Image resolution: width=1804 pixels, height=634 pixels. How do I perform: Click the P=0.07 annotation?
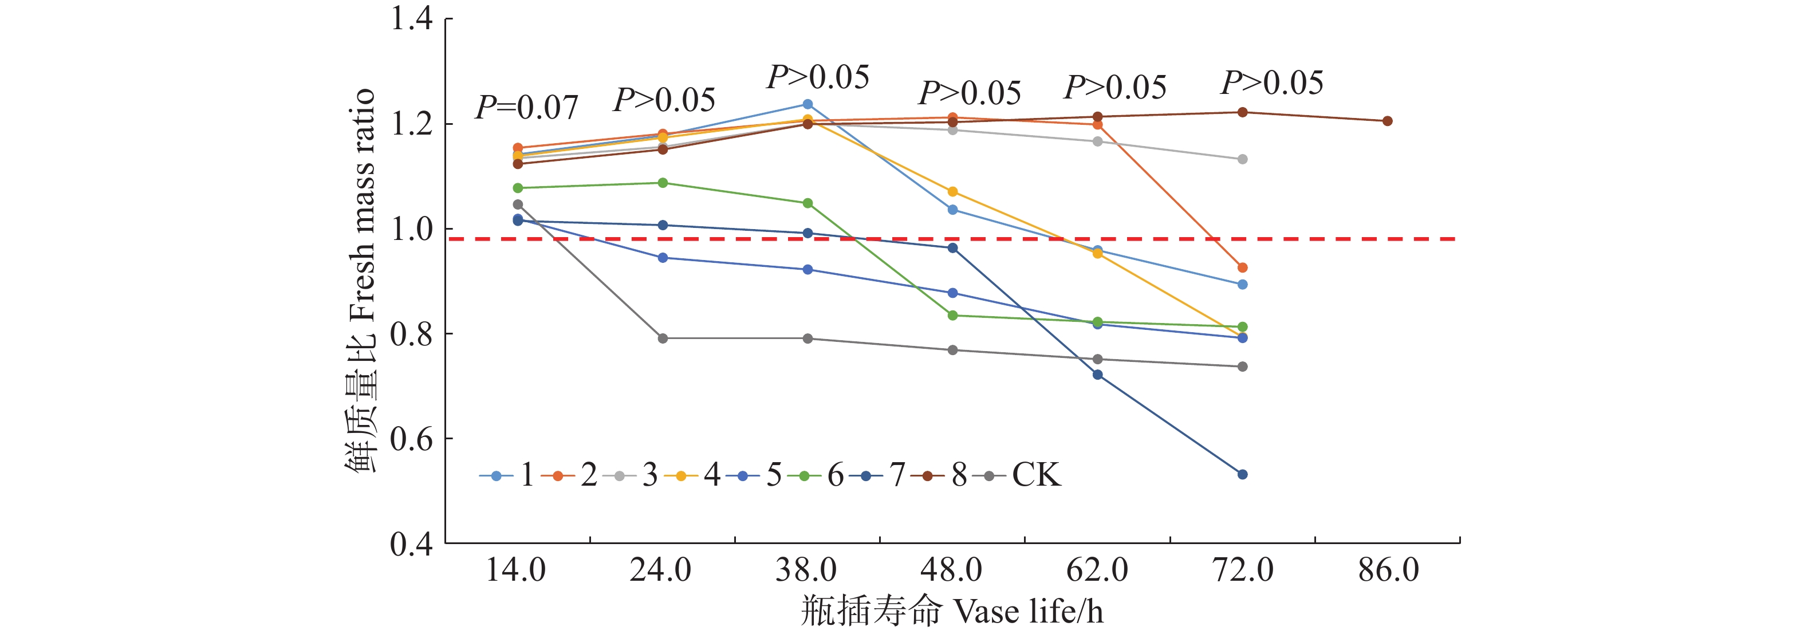pos(527,107)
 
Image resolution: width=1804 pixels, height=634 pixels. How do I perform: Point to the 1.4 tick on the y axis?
pos(412,19)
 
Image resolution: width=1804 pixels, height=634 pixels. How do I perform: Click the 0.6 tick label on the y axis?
pos(412,439)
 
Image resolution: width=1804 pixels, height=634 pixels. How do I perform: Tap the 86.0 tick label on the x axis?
pos(1388,569)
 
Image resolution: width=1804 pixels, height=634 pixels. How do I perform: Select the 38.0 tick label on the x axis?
pos(806,569)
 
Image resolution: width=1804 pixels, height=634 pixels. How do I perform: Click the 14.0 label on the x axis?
pos(516,569)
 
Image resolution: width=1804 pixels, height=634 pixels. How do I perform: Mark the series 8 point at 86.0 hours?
pos(1387,121)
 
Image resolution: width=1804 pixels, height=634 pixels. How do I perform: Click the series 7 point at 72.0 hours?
pos(1242,474)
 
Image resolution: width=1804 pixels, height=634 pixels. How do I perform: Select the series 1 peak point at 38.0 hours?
pos(808,104)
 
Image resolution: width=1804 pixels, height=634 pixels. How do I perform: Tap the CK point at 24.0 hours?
pos(663,338)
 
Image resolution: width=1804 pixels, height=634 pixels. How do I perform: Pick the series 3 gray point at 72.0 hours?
pos(1242,160)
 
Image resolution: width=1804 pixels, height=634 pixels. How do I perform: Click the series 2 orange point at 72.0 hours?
pos(1242,267)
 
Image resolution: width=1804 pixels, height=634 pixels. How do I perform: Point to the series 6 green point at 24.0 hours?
pos(663,183)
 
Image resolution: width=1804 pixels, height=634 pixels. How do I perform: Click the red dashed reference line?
pos(980,239)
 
